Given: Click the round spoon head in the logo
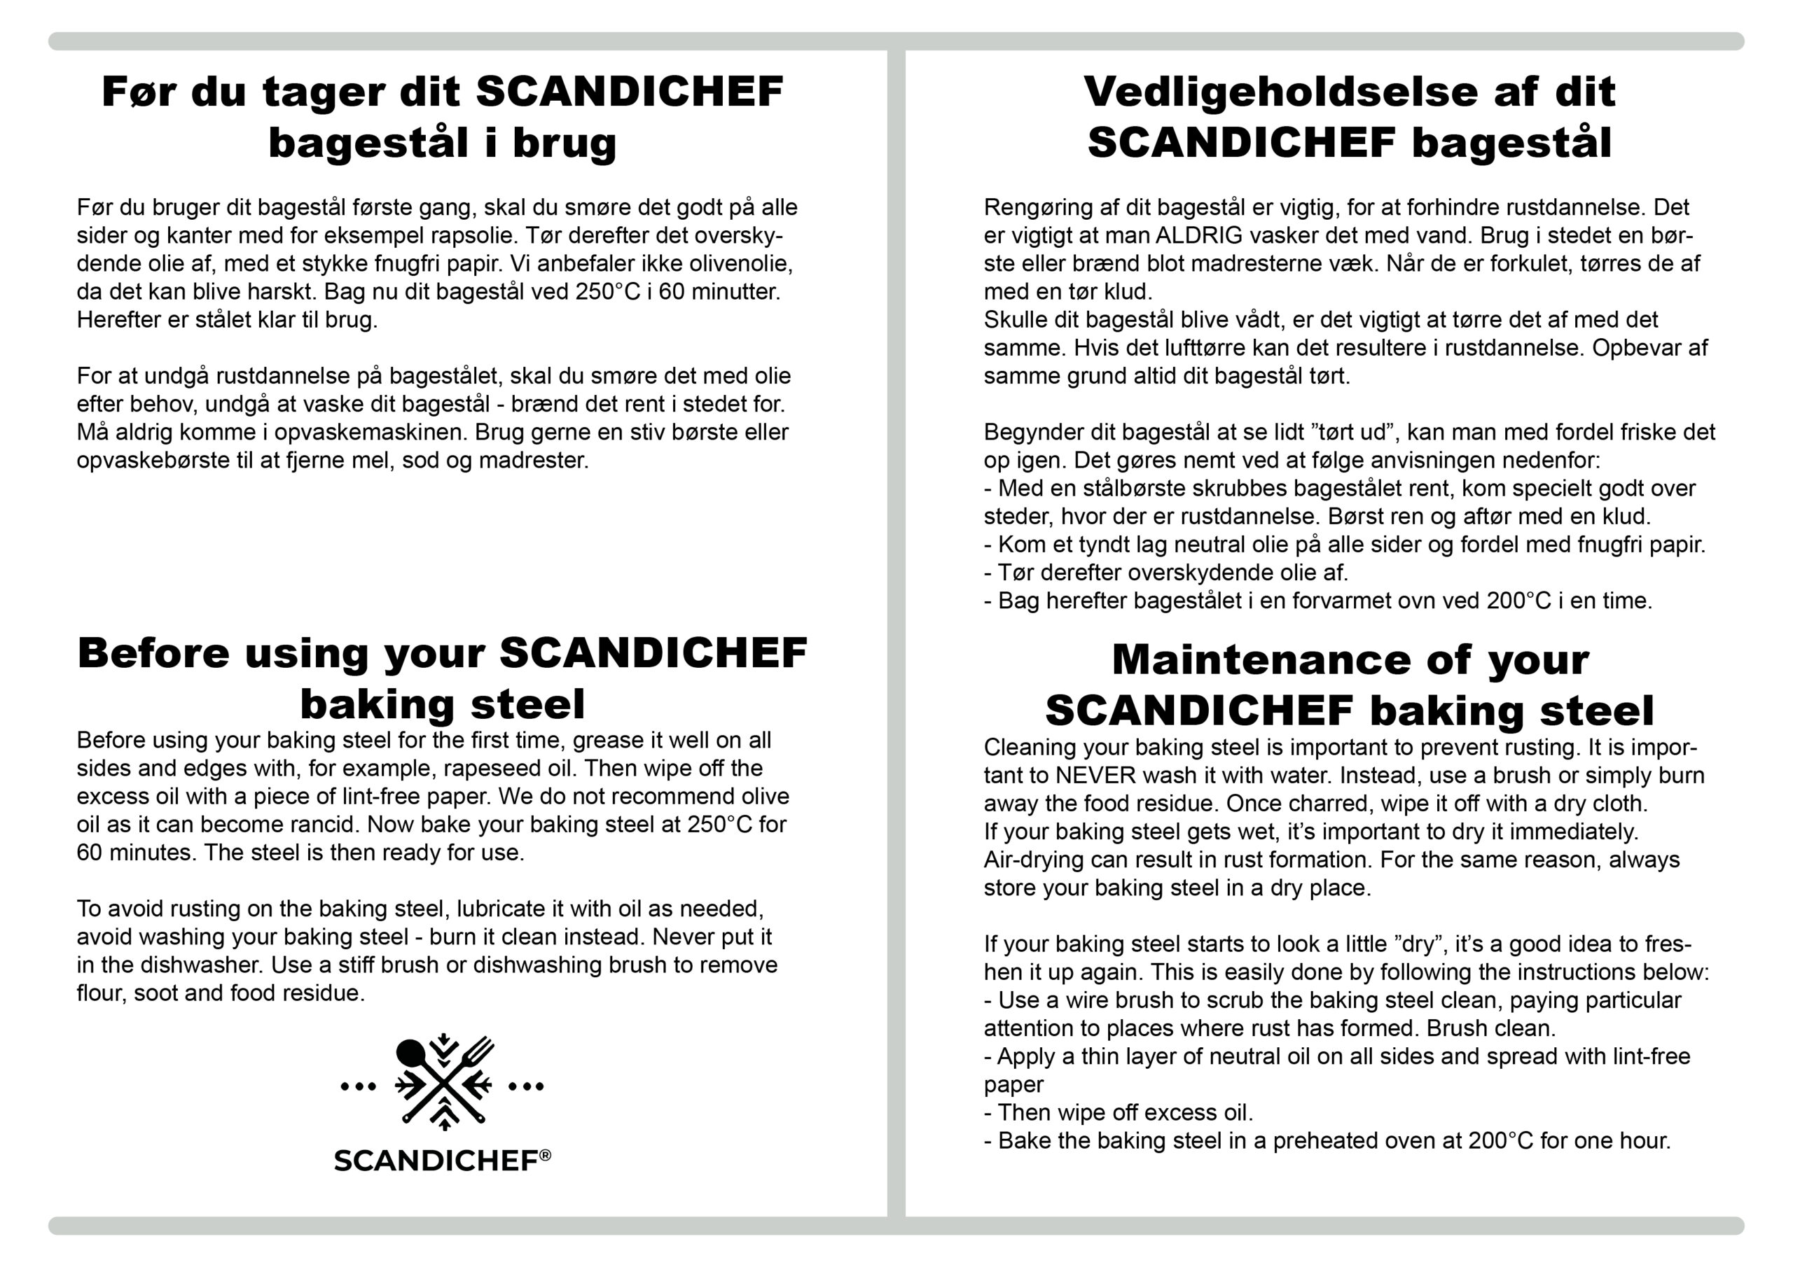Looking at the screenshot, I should click(x=409, y=1053).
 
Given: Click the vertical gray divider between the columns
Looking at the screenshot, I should click(x=896, y=624).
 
